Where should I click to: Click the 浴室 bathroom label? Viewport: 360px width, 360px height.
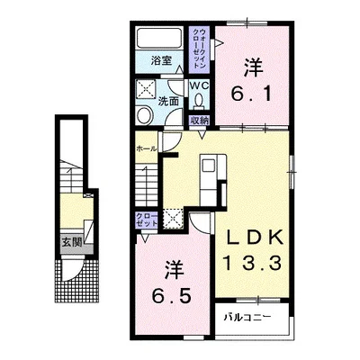[x=161, y=61]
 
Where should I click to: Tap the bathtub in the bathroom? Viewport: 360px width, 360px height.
[x=159, y=39]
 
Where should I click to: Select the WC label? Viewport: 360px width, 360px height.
[x=199, y=85]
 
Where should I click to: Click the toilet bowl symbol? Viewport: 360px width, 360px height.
[x=198, y=101]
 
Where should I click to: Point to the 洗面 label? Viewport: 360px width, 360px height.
[x=168, y=102]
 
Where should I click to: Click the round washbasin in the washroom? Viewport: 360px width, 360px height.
[x=144, y=116]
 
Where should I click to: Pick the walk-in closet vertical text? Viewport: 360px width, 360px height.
[x=199, y=49]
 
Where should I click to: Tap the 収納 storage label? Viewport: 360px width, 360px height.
[x=199, y=121]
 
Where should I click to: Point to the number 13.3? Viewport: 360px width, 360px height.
[x=251, y=264]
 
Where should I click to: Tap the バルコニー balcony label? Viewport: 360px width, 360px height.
[x=247, y=317]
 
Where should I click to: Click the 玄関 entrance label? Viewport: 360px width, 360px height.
[x=72, y=242]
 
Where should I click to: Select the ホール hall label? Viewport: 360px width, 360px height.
[x=147, y=148]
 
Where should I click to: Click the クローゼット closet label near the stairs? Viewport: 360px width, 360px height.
[x=147, y=220]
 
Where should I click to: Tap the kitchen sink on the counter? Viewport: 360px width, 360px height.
[x=209, y=166]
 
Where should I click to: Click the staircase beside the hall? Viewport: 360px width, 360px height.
[x=147, y=185]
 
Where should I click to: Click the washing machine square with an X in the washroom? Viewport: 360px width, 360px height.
[x=146, y=88]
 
